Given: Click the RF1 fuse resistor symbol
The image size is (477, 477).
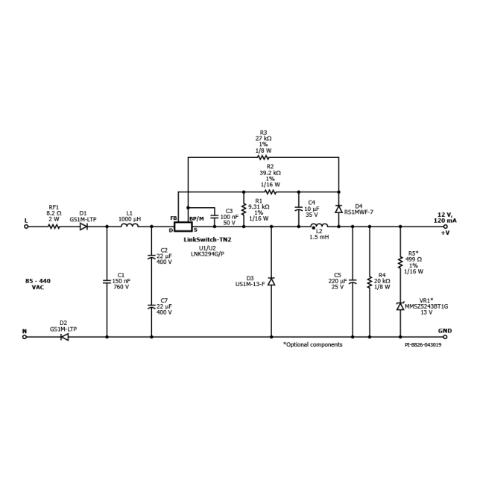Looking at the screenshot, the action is pos(54,227).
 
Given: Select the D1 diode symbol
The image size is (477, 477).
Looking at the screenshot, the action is pos(83,227).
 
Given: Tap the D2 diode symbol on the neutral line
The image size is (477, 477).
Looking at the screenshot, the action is pos(65,337).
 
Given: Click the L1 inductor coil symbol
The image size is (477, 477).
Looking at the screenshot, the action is pos(130,225).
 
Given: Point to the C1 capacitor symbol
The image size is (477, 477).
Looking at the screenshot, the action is pos(107,282).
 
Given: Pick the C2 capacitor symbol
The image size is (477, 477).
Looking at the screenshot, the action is pos(151,256).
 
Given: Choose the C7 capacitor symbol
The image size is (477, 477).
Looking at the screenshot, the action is pos(151,306).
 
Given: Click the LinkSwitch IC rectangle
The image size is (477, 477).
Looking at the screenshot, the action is pos(183,227).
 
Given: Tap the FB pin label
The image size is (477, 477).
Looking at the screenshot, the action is pos(174,218).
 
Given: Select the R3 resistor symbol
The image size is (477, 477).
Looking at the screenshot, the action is pos(263,157).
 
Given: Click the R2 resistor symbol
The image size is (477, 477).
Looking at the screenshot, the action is pos(271,192).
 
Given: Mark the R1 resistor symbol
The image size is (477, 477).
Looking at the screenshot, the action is pos(244,209).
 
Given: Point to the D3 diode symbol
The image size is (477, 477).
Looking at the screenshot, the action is pos(271,282).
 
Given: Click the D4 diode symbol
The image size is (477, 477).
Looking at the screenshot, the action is pos(339,209).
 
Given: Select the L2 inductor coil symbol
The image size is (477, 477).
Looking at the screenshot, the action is pos(319,225).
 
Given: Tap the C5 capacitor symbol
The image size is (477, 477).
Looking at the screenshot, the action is pos(353,282).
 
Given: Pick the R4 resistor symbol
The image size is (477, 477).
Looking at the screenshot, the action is pos(370,282).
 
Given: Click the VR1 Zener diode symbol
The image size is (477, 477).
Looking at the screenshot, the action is pos(400,306).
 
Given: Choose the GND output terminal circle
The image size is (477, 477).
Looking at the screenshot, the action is pos(446,337).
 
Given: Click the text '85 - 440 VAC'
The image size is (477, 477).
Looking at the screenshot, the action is pos(38,284).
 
